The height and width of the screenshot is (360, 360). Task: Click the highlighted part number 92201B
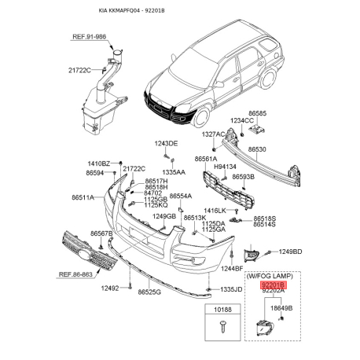274,285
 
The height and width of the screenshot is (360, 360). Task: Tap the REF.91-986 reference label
89,36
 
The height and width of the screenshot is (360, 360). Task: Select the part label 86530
257,149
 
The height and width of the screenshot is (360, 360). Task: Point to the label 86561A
206,159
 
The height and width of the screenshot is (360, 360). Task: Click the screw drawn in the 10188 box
222,326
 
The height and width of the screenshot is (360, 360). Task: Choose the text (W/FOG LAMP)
273,276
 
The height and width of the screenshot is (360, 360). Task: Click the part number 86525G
149,292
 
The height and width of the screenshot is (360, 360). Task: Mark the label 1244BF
232,268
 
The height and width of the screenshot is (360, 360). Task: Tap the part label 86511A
83,197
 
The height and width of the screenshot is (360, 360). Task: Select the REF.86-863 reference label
75,274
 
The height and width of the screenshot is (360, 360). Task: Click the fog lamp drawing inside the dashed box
265,328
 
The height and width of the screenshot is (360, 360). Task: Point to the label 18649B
281,308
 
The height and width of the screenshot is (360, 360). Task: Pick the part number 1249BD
290,252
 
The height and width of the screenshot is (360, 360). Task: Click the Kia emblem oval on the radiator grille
84,254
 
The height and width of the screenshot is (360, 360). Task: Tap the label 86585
258,113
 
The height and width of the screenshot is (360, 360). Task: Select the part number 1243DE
166,144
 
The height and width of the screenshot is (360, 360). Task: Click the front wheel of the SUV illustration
202,116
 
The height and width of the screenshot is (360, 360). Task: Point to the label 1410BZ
99,163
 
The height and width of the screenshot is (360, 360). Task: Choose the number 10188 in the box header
222,310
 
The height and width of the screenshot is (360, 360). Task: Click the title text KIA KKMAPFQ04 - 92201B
131,11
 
